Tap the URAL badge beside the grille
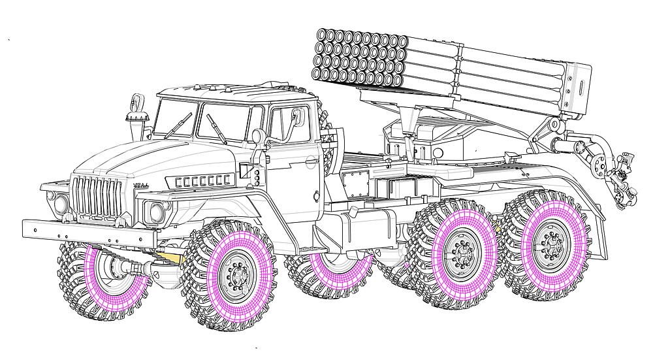coord(141,186)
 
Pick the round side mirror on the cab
coord(257,137)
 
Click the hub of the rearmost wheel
coord(547,247)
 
